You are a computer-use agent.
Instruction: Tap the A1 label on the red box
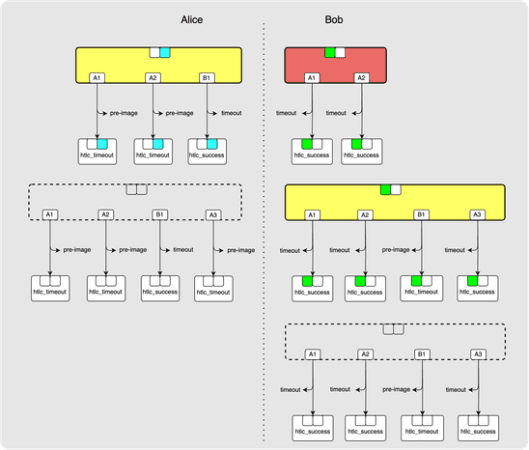tap(311, 77)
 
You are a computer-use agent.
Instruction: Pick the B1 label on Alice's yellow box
tap(207, 77)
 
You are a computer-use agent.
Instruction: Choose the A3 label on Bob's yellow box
tap(476, 213)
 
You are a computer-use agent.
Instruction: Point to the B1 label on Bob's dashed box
tap(421, 354)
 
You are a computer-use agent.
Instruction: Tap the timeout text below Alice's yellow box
tap(232, 113)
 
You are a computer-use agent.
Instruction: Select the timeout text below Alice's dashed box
tap(183, 250)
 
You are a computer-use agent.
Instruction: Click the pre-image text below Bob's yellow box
tap(397, 249)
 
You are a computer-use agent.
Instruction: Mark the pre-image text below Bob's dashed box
tap(397, 390)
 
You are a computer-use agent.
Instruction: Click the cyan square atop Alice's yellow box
tap(165, 52)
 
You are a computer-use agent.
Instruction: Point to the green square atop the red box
tap(330, 52)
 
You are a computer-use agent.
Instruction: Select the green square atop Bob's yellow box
tap(385, 190)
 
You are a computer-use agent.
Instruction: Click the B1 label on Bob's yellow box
tap(421, 213)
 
